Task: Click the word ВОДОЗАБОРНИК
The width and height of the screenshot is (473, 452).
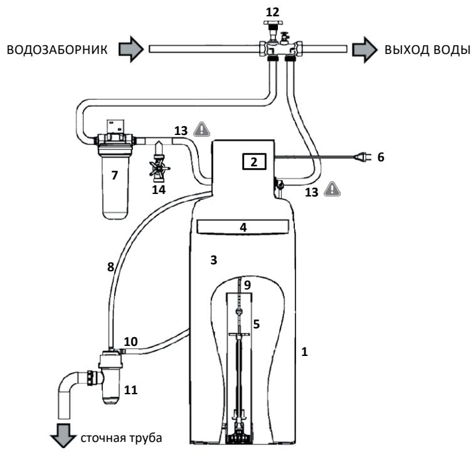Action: [x=57, y=50]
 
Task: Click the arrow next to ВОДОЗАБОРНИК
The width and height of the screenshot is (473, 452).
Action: [x=131, y=49]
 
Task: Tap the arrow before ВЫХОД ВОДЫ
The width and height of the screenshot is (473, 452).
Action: [x=364, y=50]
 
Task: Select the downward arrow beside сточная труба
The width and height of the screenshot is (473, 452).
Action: [x=63, y=436]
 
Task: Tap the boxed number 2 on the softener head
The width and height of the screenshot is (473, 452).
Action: [x=254, y=162]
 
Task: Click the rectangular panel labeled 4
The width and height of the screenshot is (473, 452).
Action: [x=243, y=227]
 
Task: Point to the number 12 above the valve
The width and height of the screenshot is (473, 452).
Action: [x=272, y=13]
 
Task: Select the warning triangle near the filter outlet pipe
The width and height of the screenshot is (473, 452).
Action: [x=202, y=129]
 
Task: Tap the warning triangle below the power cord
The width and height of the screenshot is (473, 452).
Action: [x=332, y=189]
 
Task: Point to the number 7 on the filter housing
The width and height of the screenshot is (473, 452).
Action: [x=114, y=175]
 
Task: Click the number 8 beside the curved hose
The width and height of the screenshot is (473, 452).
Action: [x=110, y=267]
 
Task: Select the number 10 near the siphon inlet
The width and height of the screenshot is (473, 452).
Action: [x=130, y=342]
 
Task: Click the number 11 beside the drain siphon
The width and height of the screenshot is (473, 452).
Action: [x=131, y=390]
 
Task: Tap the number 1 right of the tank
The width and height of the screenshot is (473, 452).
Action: [x=304, y=352]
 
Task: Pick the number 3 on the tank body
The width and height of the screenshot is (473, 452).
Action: [x=213, y=260]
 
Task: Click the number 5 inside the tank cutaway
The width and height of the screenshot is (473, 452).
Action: [x=256, y=324]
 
